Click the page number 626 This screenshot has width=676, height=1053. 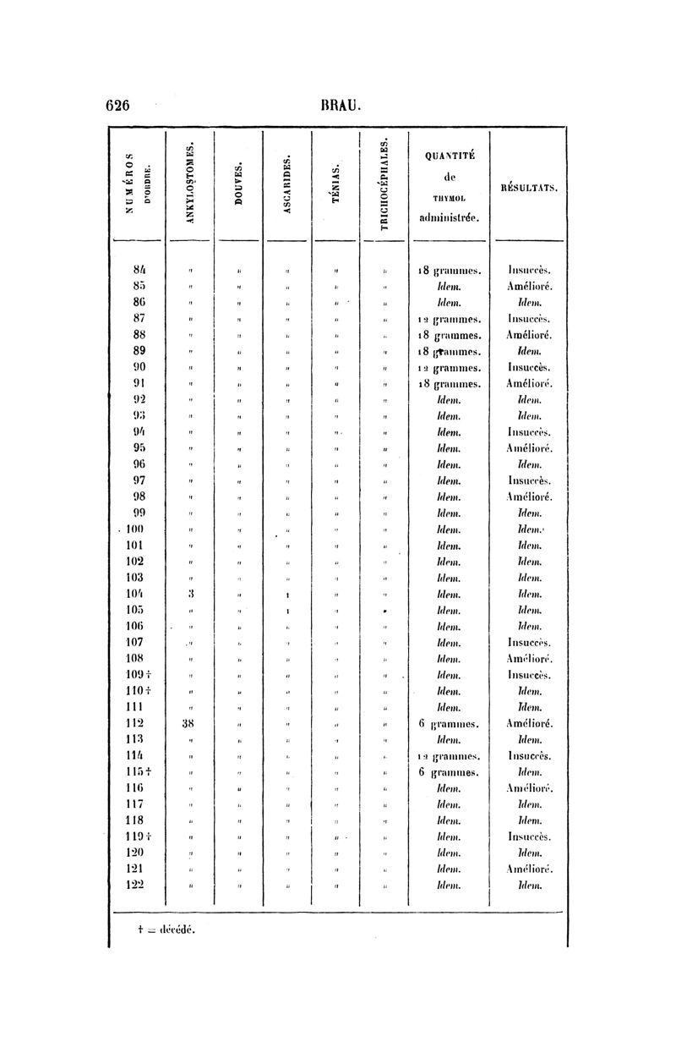click(117, 105)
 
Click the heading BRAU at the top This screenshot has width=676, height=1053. click(341, 105)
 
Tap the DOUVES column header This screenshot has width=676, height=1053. click(240, 187)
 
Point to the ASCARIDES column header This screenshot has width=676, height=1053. click(288, 184)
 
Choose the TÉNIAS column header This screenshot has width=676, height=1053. click(336, 187)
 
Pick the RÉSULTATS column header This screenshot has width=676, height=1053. click(529, 188)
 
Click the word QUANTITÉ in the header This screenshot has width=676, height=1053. click(449, 154)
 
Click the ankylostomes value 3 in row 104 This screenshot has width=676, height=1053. click(192, 594)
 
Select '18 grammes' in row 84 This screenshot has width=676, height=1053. click(449, 271)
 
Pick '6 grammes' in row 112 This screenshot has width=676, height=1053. click(449, 724)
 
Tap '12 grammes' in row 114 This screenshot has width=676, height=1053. click(449, 756)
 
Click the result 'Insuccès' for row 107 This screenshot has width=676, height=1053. click(530, 642)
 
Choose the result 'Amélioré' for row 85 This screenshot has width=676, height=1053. click(530, 288)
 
